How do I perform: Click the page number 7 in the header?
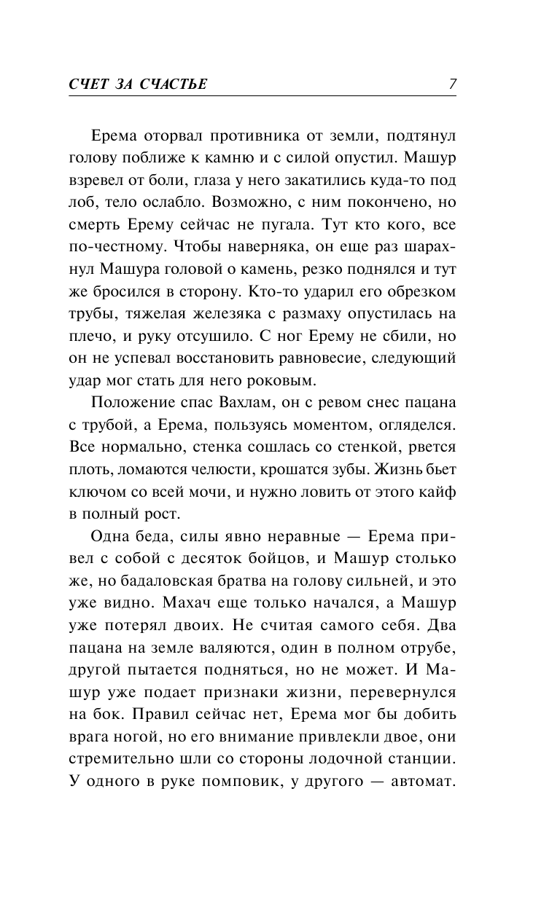point(453,84)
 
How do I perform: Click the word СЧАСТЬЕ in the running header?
point(171,84)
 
